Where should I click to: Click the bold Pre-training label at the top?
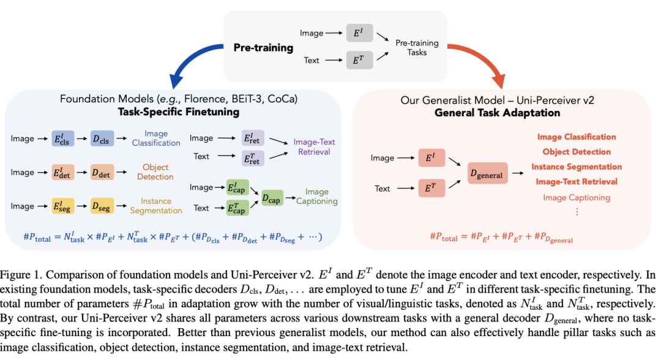pos(263,47)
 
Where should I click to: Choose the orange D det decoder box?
pos(103,173)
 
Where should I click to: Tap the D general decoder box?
pos(487,174)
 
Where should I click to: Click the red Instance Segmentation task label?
pos(576,167)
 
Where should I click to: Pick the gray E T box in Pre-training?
pos(357,61)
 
